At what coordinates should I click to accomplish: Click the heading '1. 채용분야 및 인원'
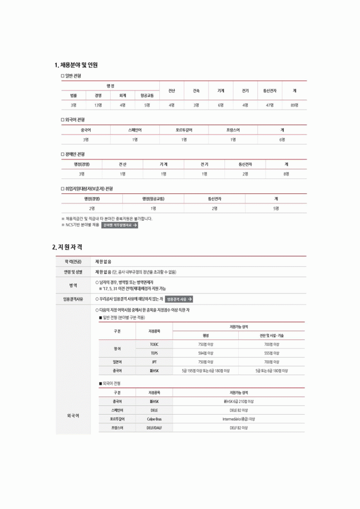pyautogui.click(x=76, y=65)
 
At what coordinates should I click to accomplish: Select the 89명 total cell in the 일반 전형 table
pyautogui.click(x=294, y=105)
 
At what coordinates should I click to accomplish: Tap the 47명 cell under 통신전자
pyautogui.click(x=269, y=105)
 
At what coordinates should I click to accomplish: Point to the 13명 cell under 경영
pyautogui.click(x=98, y=105)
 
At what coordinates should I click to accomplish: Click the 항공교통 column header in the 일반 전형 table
pyautogui.click(x=147, y=96)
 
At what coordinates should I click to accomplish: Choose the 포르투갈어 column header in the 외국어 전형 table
pyautogui.click(x=184, y=130)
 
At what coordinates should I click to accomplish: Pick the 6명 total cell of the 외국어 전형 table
pyautogui.click(x=282, y=139)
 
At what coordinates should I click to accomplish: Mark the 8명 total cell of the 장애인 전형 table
pyautogui.click(x=286, y=174)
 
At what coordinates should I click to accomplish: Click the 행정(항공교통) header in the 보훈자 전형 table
pyautogui.click(x=153, y=199)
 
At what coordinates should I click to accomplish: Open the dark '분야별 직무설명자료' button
pyautogui.click(x=120, y=225)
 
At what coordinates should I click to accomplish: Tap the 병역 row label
pyautogui.click(x=73, y=285)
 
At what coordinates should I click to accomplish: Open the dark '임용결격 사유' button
pyautogui.click(x=179, y=299)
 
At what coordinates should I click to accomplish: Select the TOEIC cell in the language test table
pyautogui.click(x=154, y=344)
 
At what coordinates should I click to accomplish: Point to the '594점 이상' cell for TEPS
pyautogui.click(x=205, y=353)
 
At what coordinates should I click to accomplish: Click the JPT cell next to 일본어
pyautogui.click(x=154, y=362)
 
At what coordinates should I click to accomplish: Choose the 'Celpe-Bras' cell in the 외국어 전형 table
pyautogui.click(x=154, y=418)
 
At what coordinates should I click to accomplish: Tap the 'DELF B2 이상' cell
pyautogui.click(x=239, y=427)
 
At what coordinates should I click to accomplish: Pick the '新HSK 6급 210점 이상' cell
pyautogui.click(x=239, y=401)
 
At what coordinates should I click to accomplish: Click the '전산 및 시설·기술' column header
pyautogui.click(x=272, y=336)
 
